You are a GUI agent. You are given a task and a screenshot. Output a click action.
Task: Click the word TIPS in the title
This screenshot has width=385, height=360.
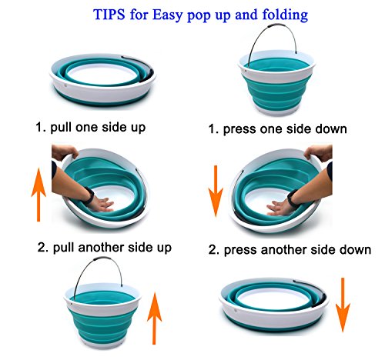tap(109, 15)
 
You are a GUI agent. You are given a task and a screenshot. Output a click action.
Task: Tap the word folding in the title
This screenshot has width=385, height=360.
tap(285, 15)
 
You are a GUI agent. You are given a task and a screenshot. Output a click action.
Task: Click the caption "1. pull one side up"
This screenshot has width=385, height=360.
tap(91, 128)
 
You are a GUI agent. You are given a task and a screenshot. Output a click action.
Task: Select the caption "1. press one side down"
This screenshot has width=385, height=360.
tap(277, 129)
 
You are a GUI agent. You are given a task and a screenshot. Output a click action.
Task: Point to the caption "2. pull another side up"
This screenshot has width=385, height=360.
tap(105, 248)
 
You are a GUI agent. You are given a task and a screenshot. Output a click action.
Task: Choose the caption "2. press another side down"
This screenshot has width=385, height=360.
tap(290, 250)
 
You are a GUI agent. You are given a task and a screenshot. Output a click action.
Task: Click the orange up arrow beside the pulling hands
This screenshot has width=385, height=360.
tap(38, 195)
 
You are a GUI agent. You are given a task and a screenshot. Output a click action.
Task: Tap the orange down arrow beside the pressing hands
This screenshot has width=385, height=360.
tap(216, 191)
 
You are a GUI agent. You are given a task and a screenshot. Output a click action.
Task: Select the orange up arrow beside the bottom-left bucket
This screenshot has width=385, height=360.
tap(154, 318)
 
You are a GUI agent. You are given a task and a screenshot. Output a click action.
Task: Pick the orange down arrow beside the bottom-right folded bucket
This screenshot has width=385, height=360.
tap(343, 305)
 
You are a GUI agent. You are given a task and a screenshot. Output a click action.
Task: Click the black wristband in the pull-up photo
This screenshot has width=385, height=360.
tap(89, 195)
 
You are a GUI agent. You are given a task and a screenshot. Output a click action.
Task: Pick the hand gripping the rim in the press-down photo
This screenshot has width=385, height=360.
tap(319, 153)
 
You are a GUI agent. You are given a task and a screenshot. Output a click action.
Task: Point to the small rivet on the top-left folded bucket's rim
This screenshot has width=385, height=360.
tap(65, 85)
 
